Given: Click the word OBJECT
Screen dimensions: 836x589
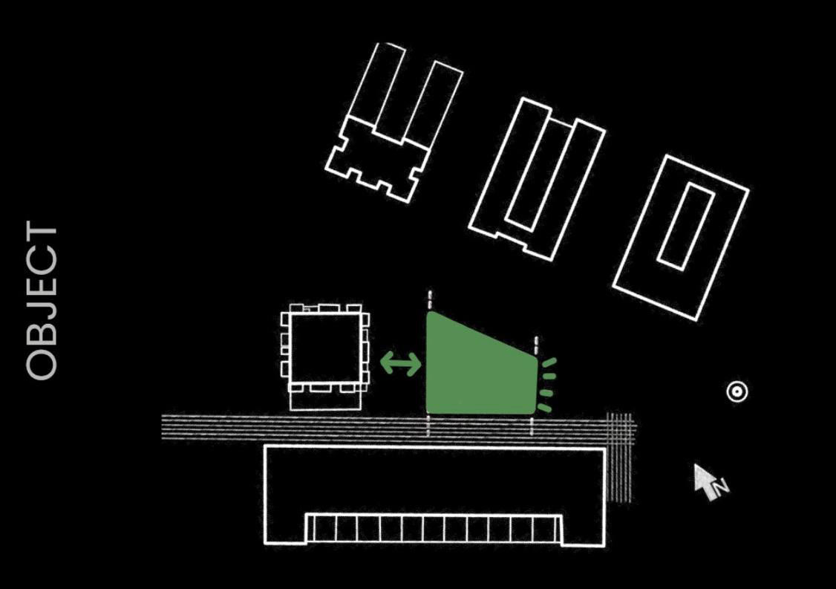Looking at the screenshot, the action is coord(42,300).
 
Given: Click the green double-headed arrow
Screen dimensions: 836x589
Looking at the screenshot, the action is coord(401,363).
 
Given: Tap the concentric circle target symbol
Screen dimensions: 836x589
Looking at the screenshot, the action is coord(737,391).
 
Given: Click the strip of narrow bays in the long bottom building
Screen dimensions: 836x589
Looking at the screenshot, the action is coord(434,527).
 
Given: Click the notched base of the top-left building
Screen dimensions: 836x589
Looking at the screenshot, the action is coord(377,160).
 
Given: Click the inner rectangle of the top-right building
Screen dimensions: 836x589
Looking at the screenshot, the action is coord(685,226).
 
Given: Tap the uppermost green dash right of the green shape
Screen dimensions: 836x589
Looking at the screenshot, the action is coord(548,363).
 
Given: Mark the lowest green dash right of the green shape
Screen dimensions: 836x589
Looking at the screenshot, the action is coord(544,408).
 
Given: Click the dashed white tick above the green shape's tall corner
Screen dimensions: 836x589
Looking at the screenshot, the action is coord(430,301).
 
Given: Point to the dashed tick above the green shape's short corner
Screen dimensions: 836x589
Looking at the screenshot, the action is coord(536,345).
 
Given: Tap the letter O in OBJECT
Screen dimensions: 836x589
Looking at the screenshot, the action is coord(42,362).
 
